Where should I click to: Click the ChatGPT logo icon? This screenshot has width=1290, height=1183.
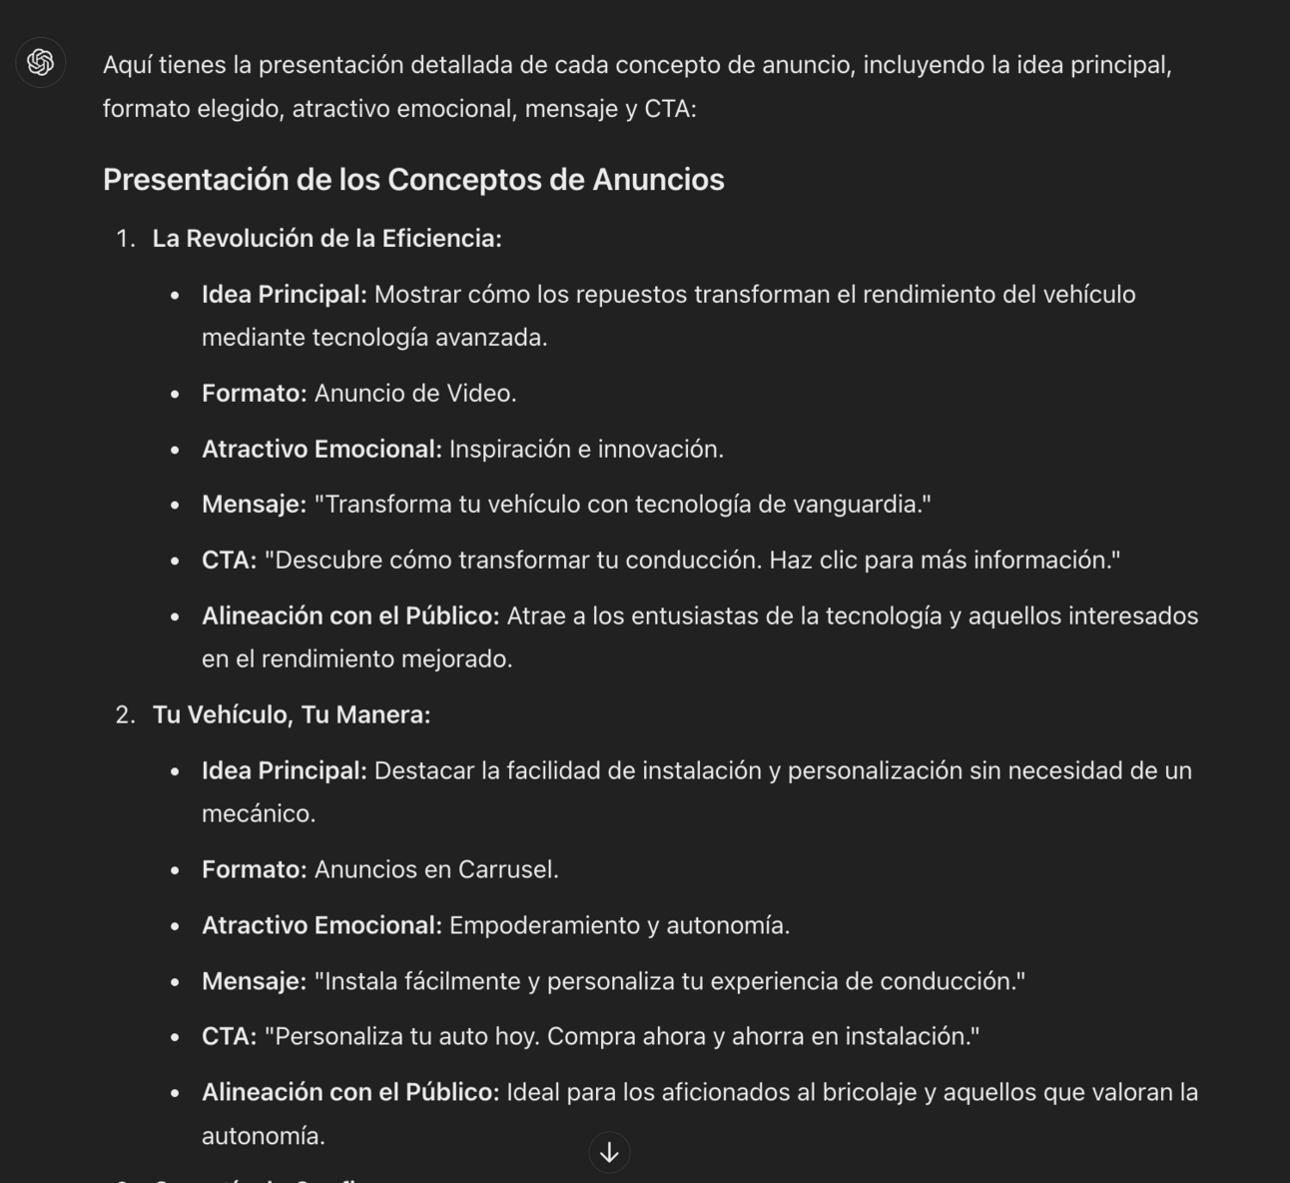40,63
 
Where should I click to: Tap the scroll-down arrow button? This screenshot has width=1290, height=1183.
609,1152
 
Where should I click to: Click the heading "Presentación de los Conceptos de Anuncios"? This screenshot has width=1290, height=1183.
413,180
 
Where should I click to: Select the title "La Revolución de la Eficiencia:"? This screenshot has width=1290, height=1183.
326,239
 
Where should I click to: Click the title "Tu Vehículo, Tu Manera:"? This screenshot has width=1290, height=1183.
291,715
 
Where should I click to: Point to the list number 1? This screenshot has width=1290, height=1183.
124,239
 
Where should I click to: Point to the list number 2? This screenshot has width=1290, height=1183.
124,715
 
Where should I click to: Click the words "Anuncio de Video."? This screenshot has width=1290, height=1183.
415,394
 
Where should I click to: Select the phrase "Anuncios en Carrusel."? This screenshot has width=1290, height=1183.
436,870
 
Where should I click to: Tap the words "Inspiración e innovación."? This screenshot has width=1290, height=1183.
586,450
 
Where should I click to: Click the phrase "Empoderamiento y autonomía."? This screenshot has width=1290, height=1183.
619,926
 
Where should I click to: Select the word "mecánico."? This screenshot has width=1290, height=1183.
258,814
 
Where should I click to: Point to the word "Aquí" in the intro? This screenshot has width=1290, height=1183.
127,66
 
